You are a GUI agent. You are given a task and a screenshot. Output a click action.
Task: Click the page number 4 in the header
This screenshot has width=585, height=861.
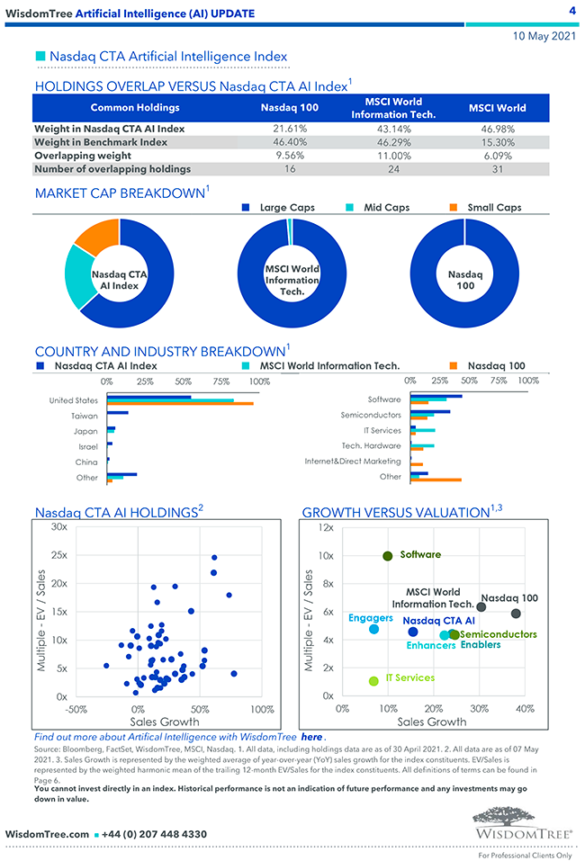pyautogui.click(x=572, y=11)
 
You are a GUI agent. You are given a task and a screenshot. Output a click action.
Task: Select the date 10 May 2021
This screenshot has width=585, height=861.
pyautogui.click(x=544, y=37)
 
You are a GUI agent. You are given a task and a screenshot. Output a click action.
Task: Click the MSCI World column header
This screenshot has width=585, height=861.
pyautogui.click(x=497, y=108)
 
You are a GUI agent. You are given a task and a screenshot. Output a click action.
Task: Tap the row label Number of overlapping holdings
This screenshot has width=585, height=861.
pyautogui.click(x=112, y=168)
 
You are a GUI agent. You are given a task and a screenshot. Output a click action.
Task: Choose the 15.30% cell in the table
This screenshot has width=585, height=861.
pyautogui.click(x=497, y=142)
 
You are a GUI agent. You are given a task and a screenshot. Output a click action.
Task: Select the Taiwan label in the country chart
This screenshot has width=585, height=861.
pyautogui.click(x=85, y=416)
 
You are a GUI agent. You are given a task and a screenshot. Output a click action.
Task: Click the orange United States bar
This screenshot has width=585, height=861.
pyautogui.click(x=180, y=404)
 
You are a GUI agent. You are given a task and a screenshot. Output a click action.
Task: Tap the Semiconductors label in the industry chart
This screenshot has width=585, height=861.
pyautogui.click(x=371, y=416)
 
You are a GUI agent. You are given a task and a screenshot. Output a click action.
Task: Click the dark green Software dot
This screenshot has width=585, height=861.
pyautogui.click(x=388, y=556)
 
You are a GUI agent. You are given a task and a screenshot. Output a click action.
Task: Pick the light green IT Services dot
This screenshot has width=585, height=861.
pyautogui.click(x=373, y=681)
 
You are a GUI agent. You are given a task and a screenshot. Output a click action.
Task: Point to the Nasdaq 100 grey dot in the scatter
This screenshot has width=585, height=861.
pyautogui.click(x=516, y=614)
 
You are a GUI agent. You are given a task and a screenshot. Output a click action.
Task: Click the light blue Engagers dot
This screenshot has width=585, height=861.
pyautogui.click(x=373, y=629)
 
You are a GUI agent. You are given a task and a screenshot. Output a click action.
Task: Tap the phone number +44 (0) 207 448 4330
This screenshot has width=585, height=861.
pyautogui.click(x=157, y=834)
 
